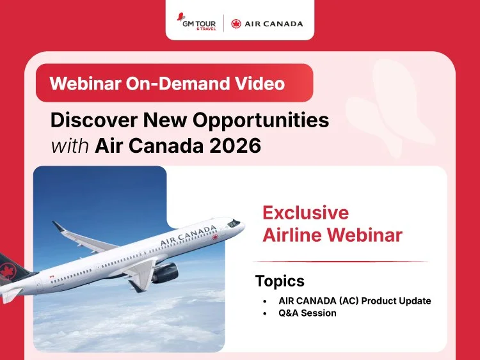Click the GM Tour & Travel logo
click(198, 23)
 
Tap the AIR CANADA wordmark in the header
click(274, 24)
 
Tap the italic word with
click(70, 146)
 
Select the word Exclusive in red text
click(306, 212)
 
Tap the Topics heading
click(280, 281)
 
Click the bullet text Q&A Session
click(307, 313)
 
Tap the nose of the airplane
click(242, 223)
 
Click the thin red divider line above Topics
click(339, 262)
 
